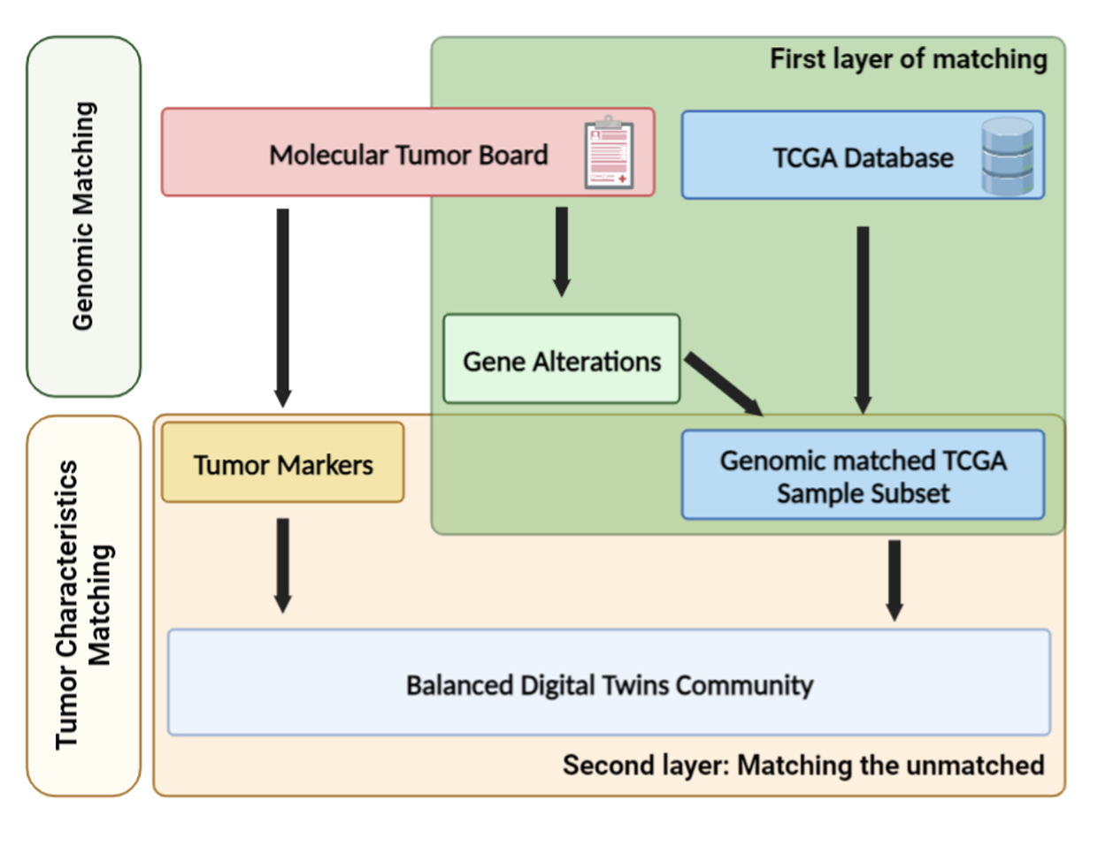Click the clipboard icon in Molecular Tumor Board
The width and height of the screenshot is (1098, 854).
tap(609, 152)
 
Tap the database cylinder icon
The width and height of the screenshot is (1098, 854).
tap(1007, 156)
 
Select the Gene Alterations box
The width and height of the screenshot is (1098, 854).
tap(561, 359)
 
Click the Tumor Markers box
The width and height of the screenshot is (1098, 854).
tap(283, 462)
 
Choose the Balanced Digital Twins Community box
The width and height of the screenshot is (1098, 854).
tap(609, 682)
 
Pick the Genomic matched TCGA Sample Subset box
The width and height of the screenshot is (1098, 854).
tap(863, 475)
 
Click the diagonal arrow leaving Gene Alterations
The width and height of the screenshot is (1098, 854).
tap(724, 385)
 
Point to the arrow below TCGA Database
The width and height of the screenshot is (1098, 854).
tap(863, 321)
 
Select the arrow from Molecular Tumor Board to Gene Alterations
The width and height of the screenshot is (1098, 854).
tap(562, 252)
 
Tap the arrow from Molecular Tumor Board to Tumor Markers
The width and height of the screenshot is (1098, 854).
tap(283, 308)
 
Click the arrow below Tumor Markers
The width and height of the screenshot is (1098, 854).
tap(283, 566)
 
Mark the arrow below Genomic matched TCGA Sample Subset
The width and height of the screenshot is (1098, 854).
tap(895, 581)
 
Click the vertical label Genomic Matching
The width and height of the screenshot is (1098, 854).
tap(83, 216)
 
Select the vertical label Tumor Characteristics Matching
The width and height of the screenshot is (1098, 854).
tap(83, 605)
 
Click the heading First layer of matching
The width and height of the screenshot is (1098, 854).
tap(909, 59)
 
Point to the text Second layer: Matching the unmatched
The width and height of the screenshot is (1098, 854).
tap(803, 766)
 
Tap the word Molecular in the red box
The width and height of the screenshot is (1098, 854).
tap(328, 155)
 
